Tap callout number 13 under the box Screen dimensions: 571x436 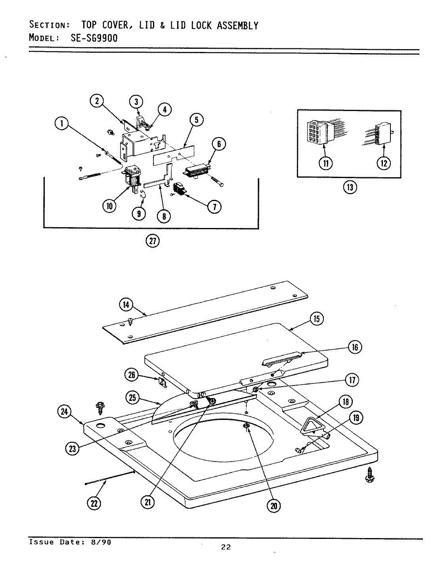[350, 187]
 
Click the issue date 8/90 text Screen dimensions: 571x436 [99, 542]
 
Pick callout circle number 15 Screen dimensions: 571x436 [317, 319]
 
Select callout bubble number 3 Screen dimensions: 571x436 [136, 102]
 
